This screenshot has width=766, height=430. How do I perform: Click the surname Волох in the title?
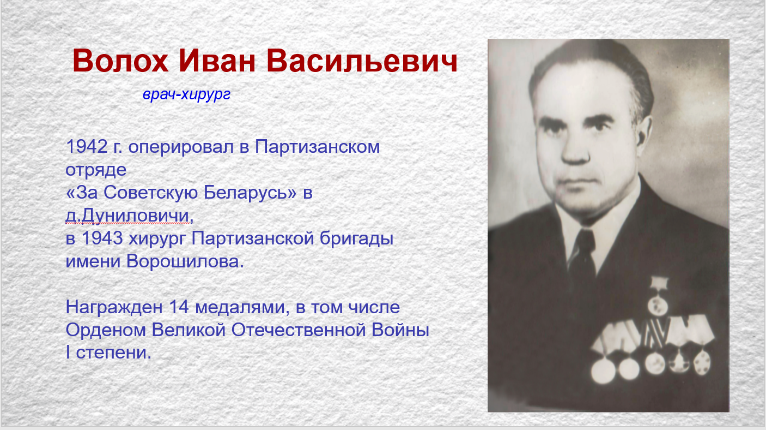pos(120,61)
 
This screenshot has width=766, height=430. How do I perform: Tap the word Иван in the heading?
pos(217,61)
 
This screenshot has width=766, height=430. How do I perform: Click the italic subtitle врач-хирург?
pos(187,94)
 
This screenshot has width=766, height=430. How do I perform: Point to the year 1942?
pos(87,147)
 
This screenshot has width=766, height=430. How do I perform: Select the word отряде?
pos(96,170)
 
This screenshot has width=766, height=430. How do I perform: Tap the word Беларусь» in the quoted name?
pos(250,192)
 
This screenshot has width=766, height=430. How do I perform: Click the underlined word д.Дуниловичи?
pos(127,216)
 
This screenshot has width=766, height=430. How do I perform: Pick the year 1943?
pos(102,238)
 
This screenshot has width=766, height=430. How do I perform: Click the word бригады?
pos(356,239)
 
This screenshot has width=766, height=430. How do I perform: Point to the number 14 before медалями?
pos(179,307)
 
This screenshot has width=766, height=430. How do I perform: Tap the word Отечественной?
pos(299,330)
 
